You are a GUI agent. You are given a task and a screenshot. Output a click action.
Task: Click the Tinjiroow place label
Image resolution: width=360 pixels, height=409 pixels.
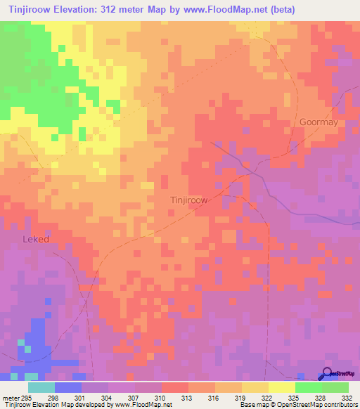[x=189, y=200]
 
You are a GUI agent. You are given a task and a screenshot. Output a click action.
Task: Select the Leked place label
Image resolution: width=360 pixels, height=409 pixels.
[x=34, y=240]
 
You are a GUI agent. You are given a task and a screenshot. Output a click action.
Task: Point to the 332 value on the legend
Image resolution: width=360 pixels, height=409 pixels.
[x=347, y=397]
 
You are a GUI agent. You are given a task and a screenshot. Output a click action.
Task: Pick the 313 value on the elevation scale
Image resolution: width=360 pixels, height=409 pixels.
[x=187, y=397]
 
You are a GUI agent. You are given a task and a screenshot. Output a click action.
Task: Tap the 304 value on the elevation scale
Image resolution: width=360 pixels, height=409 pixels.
[x=108, y=397]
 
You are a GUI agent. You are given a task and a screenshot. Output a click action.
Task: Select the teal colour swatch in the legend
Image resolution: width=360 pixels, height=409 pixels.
[x=41, y=387]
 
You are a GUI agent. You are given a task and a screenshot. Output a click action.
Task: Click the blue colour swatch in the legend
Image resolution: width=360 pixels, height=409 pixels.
[x=67, y=387]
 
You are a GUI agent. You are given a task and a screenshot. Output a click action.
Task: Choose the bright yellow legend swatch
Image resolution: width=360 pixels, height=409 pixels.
[x=281, y=387]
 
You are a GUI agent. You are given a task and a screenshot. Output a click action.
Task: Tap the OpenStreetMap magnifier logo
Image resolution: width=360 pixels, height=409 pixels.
[x=328, y=374]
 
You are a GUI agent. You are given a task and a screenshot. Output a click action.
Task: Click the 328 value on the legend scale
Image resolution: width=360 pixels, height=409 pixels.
[x=320, y=397]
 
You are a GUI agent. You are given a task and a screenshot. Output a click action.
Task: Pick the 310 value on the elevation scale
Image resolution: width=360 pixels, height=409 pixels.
[x=161, y=397]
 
